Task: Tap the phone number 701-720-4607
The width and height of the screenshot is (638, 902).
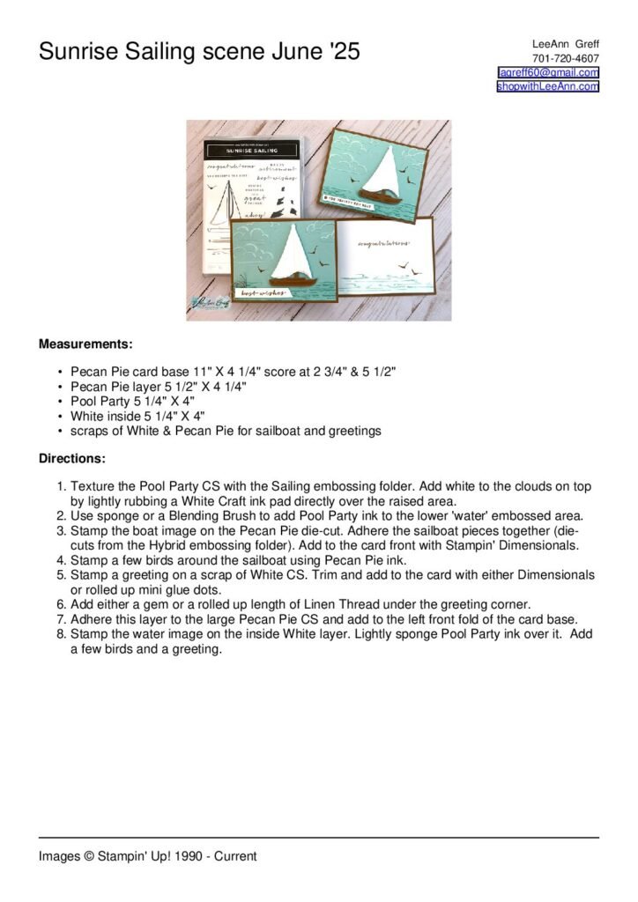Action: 567,58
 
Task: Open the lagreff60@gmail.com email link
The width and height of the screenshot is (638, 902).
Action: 548,72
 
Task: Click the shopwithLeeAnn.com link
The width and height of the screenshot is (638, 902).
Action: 547,86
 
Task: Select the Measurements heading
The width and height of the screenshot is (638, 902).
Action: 85,344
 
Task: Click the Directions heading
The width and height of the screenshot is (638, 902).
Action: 72,459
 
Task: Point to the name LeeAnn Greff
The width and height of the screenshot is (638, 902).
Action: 566,44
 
